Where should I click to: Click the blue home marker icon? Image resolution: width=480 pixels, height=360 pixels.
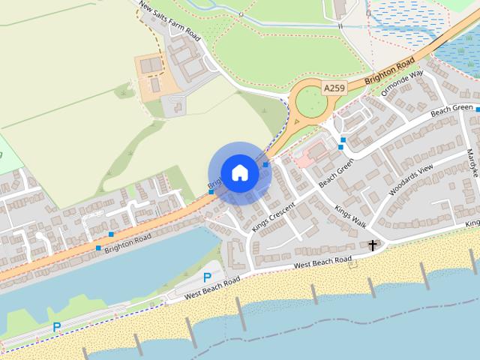(239, 172)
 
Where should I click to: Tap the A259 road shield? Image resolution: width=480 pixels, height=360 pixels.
(334, 88)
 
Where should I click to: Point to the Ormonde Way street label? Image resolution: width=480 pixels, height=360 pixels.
(403, 82)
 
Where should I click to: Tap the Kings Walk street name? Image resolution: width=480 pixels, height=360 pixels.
(350, 217)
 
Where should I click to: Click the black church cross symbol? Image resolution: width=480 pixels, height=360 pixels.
(372, 245)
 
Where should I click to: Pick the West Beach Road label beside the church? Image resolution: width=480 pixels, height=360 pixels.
(322, 262)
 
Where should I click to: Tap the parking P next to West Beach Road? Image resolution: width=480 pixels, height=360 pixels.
(207, 277)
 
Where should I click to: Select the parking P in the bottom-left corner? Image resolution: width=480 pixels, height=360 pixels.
(56, 327)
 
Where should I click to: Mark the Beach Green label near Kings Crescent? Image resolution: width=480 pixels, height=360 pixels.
(336, 175)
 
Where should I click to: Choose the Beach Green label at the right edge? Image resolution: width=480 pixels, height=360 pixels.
(451, 109)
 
